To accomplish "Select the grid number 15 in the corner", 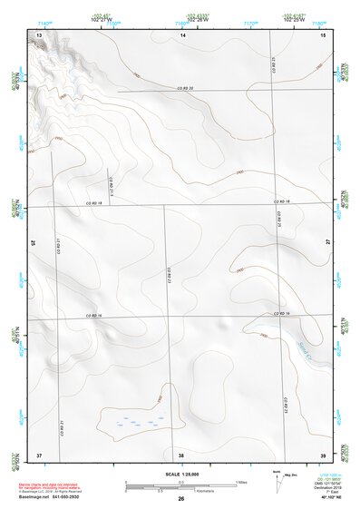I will point(323,34).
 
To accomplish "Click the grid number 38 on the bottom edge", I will point(181,454).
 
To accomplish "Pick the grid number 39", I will point(323,454).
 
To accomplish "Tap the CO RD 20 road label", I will point(187,88).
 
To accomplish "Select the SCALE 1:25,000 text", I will point(181,475).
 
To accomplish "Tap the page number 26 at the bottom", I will point(181,499).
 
